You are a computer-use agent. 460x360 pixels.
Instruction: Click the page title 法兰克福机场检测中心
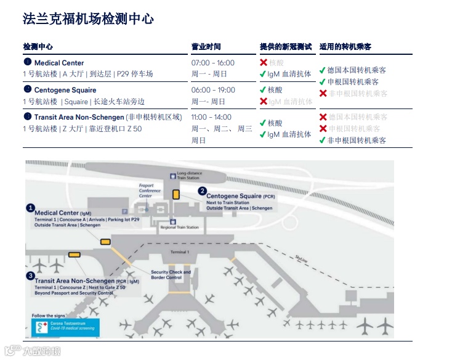(88, 19)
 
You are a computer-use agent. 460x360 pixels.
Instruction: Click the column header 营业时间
(206, 47)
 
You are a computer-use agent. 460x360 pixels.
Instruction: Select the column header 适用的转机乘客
(345, 47)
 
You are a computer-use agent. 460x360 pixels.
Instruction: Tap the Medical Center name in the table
(59, 63)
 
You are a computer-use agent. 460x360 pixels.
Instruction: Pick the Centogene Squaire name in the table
(65, 90)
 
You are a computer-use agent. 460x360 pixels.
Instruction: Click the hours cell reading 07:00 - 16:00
(213, 63)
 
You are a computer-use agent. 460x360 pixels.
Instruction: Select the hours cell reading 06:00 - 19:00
(213, 90)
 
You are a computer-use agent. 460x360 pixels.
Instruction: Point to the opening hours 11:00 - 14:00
(211, 117)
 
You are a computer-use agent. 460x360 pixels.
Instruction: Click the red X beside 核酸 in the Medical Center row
(263, 63)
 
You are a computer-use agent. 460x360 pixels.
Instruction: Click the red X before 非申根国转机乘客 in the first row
(323, 94)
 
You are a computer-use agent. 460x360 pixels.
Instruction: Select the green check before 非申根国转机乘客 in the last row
(323, 141)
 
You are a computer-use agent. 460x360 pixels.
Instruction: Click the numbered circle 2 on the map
(202, 191)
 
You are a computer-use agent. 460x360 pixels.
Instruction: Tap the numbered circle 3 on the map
(30, 276)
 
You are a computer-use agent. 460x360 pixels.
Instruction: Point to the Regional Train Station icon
(173, 222)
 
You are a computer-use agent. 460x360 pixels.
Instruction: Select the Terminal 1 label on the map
(179, 252)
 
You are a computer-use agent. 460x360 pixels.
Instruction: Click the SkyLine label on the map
(301, 258)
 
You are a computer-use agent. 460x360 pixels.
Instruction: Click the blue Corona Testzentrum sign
(65, 328)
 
